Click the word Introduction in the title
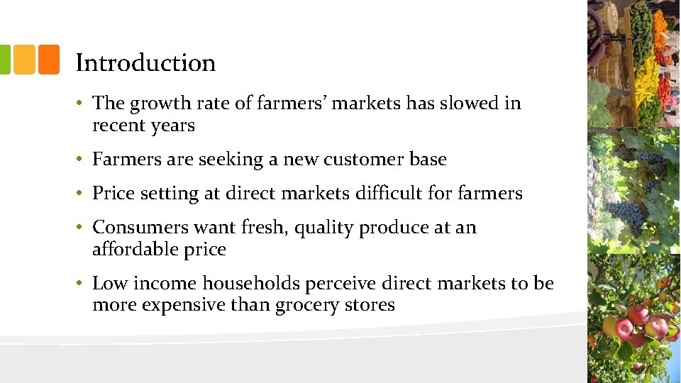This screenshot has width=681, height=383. (x=145, y=63)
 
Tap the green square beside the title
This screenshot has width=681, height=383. (x=4, y=60)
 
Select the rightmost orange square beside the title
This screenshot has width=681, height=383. (x=48, y=60)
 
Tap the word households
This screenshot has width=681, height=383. (x=251, y=284)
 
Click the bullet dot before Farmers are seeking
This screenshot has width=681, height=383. (x=82, y=160)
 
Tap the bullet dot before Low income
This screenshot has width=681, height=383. (x=82, y=284)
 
